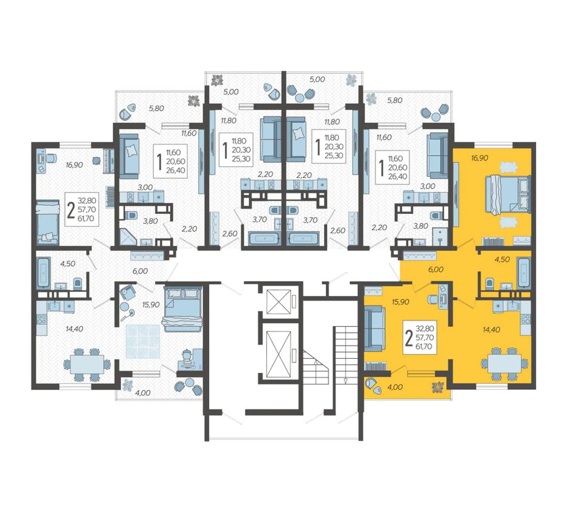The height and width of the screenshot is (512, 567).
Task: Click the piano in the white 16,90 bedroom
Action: (109, 160)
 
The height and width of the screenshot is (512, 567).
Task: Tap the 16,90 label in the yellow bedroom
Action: (479, 158)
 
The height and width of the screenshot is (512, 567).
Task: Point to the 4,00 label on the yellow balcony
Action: (395, 387)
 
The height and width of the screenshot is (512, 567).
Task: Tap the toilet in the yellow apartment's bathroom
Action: (489, 283)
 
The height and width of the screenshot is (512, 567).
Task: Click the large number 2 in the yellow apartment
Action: (409, 339)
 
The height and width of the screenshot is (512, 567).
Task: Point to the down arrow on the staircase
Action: (346, 381)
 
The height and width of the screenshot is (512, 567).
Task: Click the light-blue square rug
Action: (143, 341)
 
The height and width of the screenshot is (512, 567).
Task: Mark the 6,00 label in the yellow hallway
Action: (436, 269)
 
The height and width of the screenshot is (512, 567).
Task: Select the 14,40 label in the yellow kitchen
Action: (491, 329)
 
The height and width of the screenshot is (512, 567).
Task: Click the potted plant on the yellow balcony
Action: (439, 387)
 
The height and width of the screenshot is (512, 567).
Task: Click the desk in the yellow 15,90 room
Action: (443, 296)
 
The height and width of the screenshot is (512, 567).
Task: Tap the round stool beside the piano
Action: (96, 161)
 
